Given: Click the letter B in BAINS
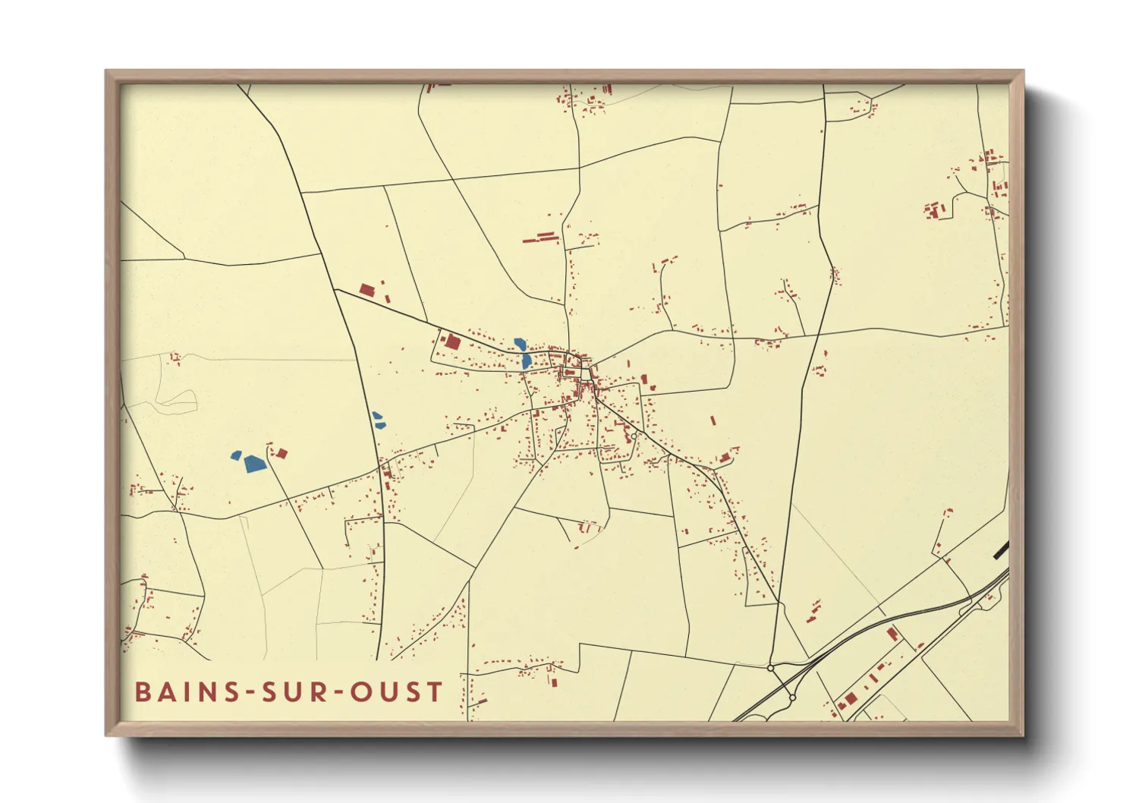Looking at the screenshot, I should tap(143, 692).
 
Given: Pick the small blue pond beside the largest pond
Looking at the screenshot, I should tap(236, 455).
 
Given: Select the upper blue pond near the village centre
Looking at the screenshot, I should tap(520, 344).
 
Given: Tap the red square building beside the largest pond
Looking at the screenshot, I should tap(282, 454).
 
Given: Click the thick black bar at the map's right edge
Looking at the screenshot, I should tap(1001, 550).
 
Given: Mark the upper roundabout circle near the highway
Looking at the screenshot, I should tap(771, 668).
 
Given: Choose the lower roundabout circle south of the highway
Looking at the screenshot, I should tap(792, 698).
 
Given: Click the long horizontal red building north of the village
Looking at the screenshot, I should tap(540, 238).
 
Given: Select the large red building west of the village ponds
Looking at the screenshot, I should tap(452, 342).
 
